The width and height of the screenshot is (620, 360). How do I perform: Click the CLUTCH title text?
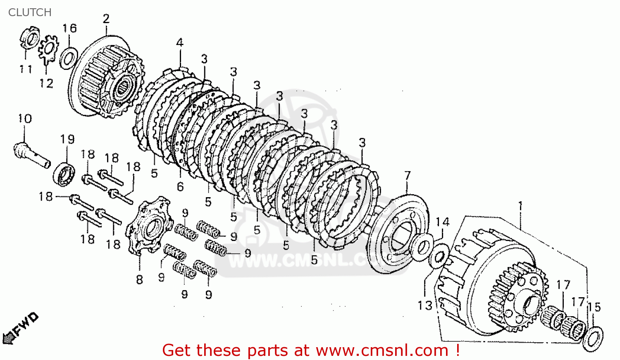coord(30,12)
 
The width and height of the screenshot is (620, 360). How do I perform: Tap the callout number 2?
coord(106,19)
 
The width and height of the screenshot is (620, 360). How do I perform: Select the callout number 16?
coord(69,28)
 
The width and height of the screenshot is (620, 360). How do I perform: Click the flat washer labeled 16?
coord(68,58)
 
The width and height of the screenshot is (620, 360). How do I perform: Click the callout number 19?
coord(67,139)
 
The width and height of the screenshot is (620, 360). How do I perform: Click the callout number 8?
coord(140,280)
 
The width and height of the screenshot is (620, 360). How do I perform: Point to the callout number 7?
coord(408,176)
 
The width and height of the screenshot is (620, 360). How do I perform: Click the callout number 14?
coord(442,222)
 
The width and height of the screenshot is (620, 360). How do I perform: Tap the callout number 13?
coord(425,305)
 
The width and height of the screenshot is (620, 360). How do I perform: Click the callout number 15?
coord(594,307)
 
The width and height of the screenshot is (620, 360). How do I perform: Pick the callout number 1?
coord(520,205)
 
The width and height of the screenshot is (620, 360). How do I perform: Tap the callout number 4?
coord(179,43)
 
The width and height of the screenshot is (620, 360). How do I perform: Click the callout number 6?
coord(180,187)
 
